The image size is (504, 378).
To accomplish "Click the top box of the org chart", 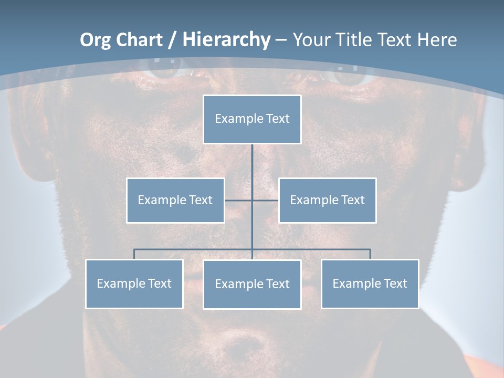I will [252, 119].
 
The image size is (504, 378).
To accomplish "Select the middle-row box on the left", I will [175, 200].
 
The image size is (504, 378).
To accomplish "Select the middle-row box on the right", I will [327, 200].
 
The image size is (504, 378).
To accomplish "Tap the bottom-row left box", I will [134, 283].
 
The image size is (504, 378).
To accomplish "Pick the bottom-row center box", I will [252, 284].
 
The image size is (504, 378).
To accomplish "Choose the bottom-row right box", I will [370, 283].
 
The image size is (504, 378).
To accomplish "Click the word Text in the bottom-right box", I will [395, 283].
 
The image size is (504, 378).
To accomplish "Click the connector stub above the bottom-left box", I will [134, 254].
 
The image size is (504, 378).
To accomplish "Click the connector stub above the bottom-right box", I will [370, 254].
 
